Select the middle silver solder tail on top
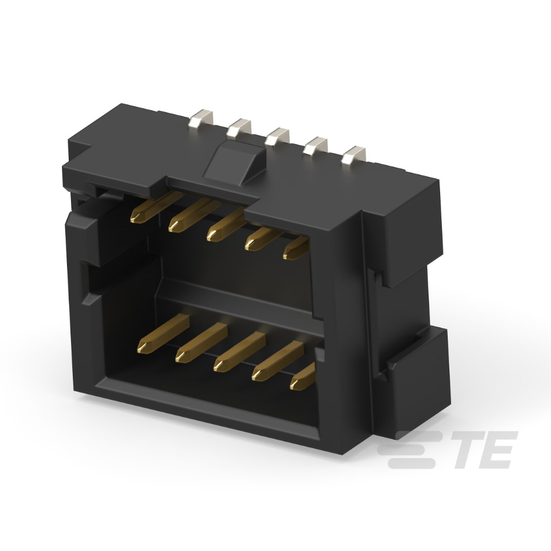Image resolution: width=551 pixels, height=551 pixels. (x=277, y=137)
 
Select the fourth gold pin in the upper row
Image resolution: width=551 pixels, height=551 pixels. (x=261, y=237)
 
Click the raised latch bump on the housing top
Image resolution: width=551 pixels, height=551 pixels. (x=233, y=160)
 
